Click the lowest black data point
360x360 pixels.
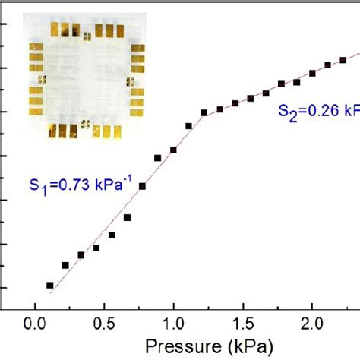[x=50, y=286]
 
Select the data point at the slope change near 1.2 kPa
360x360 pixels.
[x=204, y=113]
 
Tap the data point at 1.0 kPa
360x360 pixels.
[x=173, y=150]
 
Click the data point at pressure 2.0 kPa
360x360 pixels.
[x=312, y=74]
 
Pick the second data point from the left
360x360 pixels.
[x=65, y=265]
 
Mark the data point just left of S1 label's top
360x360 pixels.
[x=142, y=185]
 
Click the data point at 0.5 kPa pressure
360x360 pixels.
[x=112, y=235]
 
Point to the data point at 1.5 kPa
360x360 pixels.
[x=251, y=99]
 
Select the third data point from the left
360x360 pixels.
[x=81, y=255]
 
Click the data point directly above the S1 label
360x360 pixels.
[x=158, y=158]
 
